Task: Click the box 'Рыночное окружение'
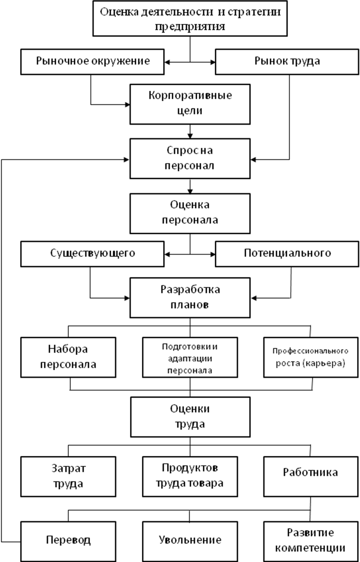[92, 62]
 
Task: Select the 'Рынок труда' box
[287, 62]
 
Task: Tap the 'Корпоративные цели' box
[190, 104]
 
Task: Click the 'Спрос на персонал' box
[190, 159]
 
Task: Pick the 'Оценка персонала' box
[190, 213]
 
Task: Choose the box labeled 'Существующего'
[92, 254]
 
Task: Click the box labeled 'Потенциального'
[287, 254]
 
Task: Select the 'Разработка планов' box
[190, 297]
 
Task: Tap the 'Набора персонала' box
[68, 357]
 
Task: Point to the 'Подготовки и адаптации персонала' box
[190, 357]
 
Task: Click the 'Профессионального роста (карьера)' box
[311, 357]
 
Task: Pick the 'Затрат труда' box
[68, 476]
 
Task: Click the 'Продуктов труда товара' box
[190, 476]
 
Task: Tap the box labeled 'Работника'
[311, 476]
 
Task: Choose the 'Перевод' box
[68, 542]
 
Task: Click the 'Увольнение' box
[190, 542]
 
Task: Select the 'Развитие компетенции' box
[311, 542]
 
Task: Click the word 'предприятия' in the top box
[190, 26]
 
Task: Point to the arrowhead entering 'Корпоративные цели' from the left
[127, 104]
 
